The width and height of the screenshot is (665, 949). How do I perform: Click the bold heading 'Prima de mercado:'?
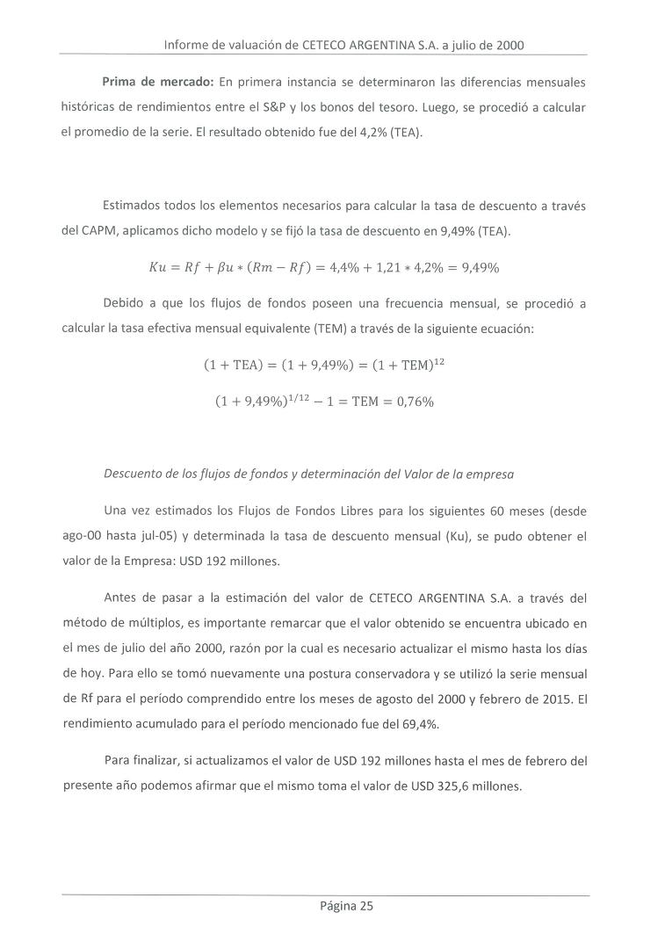pos(157,83)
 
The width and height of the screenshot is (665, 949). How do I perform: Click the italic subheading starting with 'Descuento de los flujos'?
pos(308,474)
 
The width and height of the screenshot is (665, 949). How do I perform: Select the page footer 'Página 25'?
pos(346,908)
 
